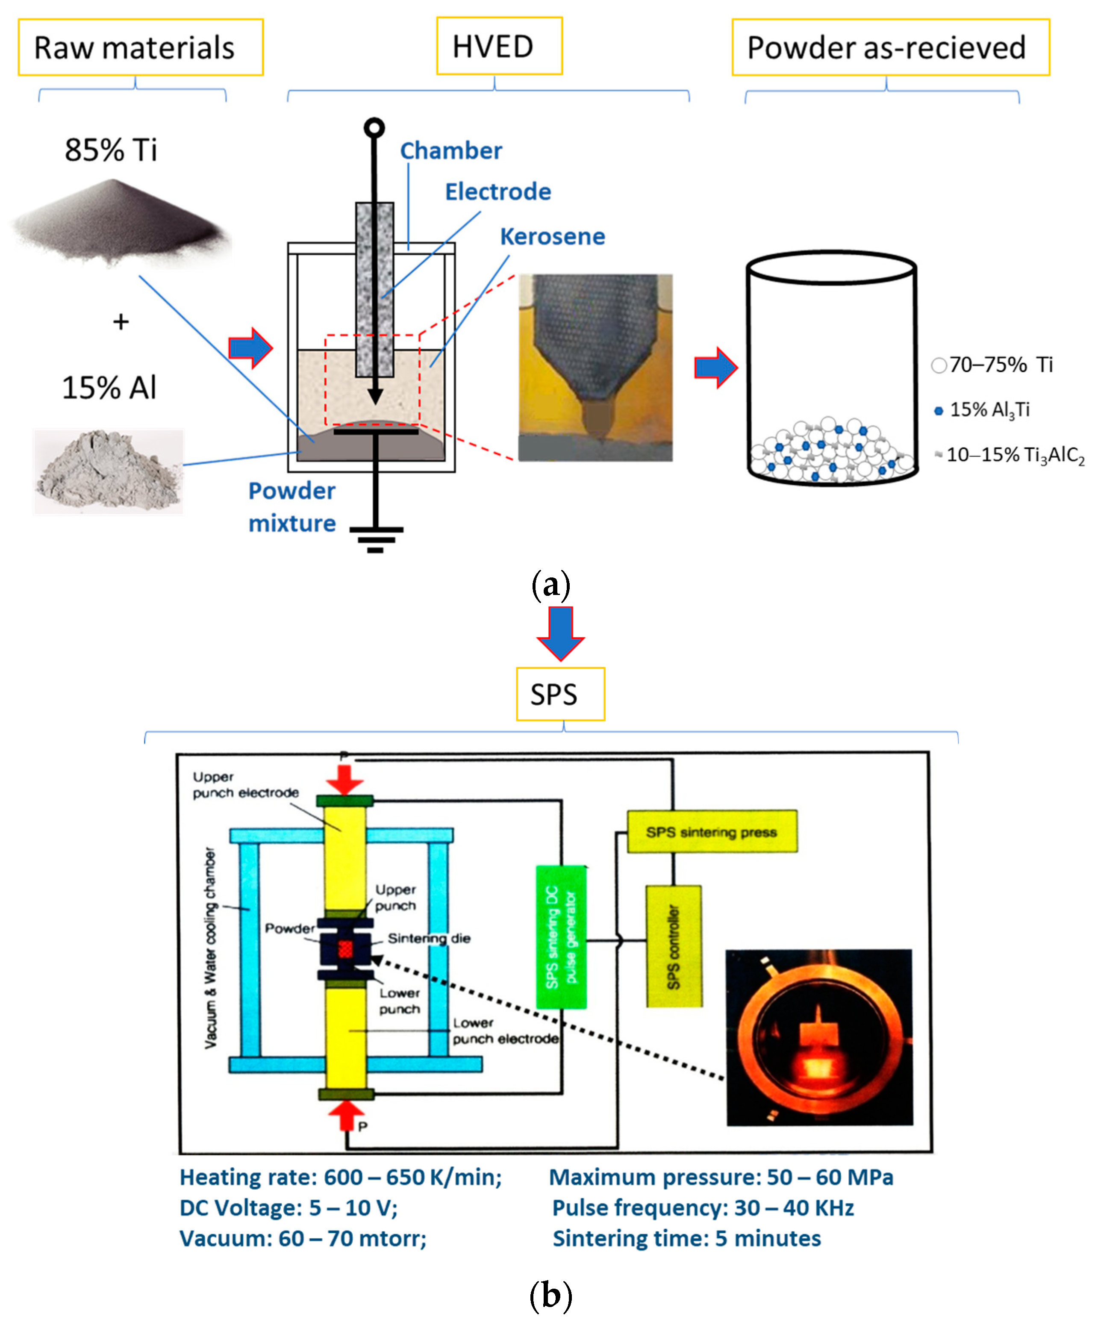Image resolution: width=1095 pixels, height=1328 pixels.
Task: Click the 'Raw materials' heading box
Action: click(140, 47)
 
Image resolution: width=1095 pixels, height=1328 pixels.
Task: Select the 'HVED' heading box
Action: click(498, 46)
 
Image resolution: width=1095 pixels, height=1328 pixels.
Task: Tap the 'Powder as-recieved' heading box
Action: click(890, 47)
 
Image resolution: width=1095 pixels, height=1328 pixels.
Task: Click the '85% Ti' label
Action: click(111, 150)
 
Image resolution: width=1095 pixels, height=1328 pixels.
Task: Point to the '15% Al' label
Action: click(109, 387)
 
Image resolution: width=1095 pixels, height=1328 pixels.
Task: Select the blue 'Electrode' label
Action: click(497, 192)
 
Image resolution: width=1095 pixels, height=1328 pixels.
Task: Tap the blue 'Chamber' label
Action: click(451, 151)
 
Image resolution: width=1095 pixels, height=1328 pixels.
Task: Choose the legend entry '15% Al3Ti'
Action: click(989, 410)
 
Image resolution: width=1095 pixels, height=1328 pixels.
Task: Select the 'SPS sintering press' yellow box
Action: click(712, 831)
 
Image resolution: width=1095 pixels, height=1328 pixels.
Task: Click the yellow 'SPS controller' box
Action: click(674, 945)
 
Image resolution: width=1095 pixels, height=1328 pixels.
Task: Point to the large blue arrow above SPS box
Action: click(560, 631)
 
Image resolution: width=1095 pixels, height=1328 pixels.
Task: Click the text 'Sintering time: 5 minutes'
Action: click(686, 1238)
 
